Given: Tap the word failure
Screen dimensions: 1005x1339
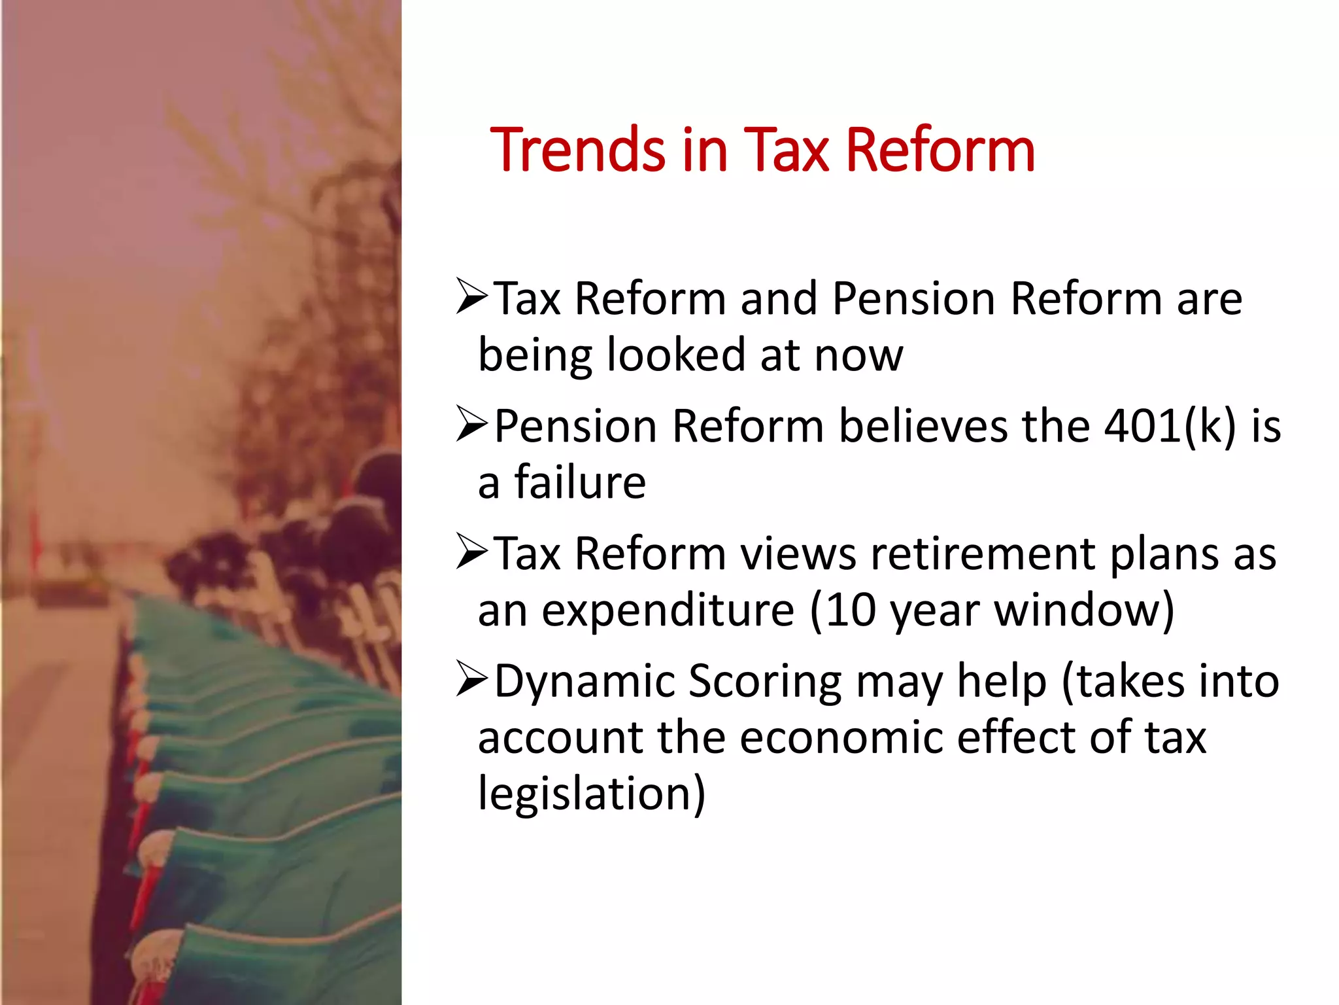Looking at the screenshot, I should [x=580, y=482].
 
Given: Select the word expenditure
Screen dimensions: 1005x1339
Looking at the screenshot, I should [x=668, y=610].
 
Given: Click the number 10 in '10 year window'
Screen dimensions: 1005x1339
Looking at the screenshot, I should [x=849, y=610].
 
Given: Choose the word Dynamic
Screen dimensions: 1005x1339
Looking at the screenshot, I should [x=585, y=682].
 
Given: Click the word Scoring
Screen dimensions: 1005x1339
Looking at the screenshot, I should [x=765, y=682].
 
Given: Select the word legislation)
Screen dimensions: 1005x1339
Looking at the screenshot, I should [x=592, y=794].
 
